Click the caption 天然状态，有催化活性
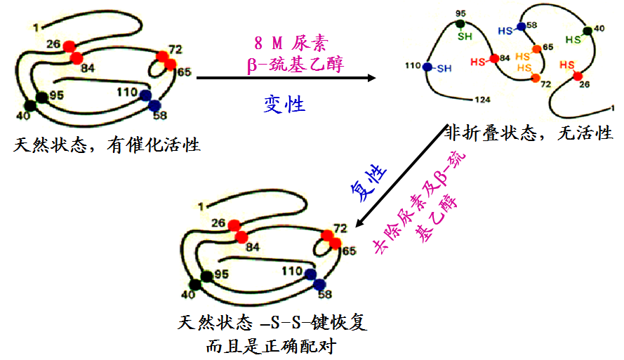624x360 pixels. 106,146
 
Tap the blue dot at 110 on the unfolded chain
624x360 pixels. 427,67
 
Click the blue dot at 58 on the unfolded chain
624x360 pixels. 521,27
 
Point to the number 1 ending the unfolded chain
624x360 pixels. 614,107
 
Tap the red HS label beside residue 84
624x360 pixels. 479,62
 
